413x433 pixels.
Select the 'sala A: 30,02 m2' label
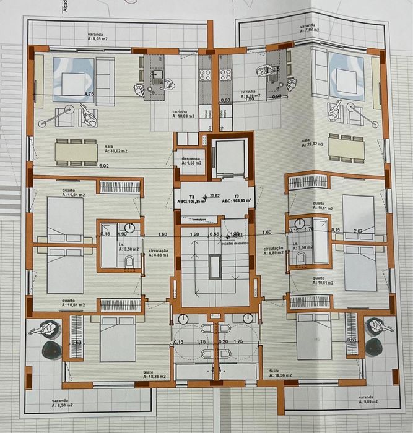tap(115, 148)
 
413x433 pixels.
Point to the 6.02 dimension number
tap(103, 166)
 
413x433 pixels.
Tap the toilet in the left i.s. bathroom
tap(129, 262)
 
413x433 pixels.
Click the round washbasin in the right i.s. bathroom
tap(300, 224)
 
